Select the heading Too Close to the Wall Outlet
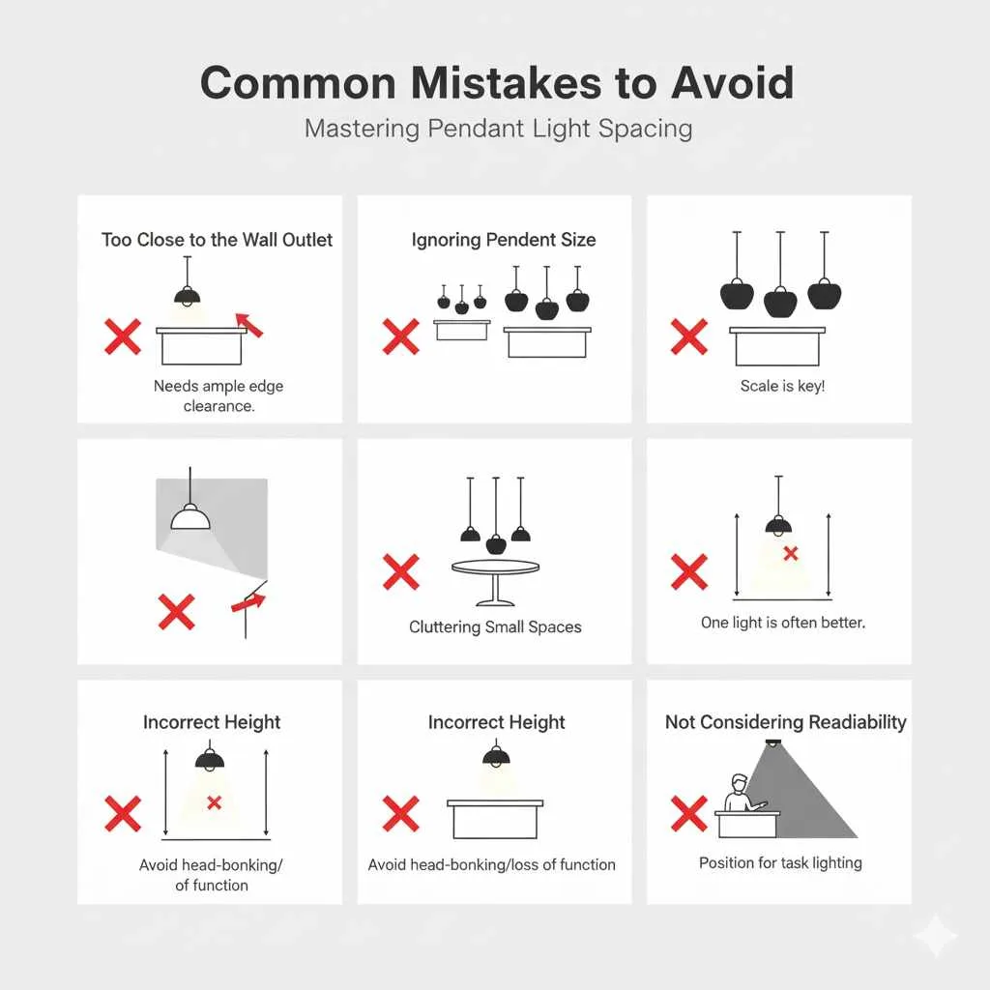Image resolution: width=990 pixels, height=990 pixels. [217, 240]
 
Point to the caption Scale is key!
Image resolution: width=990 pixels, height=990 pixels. [782, 386]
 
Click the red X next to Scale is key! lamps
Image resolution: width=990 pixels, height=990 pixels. [688, 337]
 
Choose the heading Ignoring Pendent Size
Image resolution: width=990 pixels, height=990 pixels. [503, 240]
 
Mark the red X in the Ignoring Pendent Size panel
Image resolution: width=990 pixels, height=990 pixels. [400, 337]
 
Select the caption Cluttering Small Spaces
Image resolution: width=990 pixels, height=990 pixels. [495, 626]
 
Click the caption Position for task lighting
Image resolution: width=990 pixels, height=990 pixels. [780, 862]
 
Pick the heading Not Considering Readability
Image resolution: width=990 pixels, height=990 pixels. [785, 722]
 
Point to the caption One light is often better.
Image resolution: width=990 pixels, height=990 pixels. [783, 623]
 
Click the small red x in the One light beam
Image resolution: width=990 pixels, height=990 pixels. [791, 553]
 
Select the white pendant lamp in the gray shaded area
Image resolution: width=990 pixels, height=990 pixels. [190, 516]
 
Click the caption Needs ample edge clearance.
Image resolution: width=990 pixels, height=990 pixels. [218, 395]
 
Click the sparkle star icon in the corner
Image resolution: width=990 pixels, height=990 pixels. [935, 936]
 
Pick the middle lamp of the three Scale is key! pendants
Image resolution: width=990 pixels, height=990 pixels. [781, 299]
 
